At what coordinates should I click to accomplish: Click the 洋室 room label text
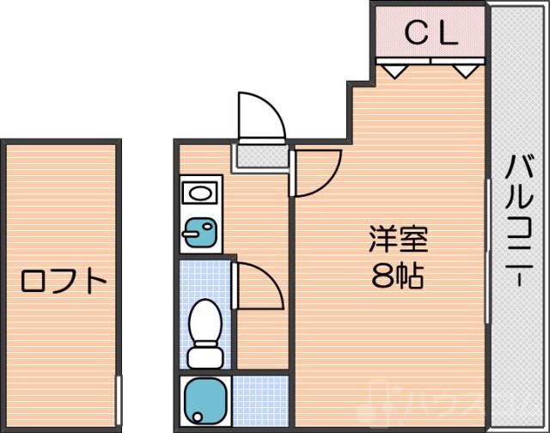398,238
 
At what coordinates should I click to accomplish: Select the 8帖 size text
397,277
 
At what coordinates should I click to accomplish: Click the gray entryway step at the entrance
260,157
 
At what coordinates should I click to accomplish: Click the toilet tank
205,355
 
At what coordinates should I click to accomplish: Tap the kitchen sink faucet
191,230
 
